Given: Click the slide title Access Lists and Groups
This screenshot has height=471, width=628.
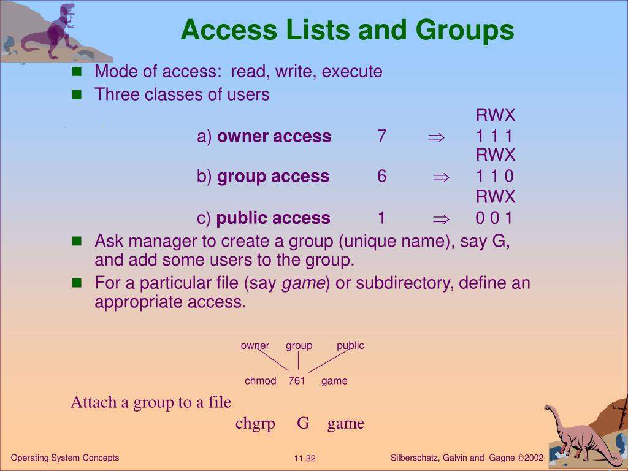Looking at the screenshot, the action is [x=347, y=29].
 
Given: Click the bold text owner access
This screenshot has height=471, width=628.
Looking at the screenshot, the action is [x=274, y=136].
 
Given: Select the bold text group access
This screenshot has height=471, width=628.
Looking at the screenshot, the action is [x=273, y=177].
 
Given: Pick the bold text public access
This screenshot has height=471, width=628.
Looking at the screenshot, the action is [x=274, y=218].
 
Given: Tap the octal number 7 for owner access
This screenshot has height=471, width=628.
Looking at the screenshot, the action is [x=382, y=136].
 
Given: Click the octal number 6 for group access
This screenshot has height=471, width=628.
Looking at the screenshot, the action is [x=382, y=177].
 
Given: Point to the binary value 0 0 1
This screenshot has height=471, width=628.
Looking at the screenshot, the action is [x=494, y=218].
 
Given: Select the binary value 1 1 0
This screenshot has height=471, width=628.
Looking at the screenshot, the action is [x=494, y=177].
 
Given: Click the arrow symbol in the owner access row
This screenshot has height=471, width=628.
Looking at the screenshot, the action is [x=435, y=137].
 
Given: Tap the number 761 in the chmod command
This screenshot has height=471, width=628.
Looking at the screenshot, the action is [x=297, y=381].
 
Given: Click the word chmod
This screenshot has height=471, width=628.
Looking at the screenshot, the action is [x=260, y=381].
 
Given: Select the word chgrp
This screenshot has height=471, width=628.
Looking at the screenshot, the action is [x=255, y=423].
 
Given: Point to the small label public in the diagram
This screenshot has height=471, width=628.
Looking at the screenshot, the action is [x=350, y=345].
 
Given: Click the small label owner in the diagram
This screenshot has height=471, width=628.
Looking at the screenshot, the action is [x=255, y=345].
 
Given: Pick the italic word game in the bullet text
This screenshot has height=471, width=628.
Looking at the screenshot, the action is [x=304, y=283].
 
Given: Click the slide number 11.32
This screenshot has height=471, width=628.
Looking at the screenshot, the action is [x=305, y=459].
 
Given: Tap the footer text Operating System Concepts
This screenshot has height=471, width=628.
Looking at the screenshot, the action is [x=65, y=458].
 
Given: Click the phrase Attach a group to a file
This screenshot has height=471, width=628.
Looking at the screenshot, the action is [x=151, y=402].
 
